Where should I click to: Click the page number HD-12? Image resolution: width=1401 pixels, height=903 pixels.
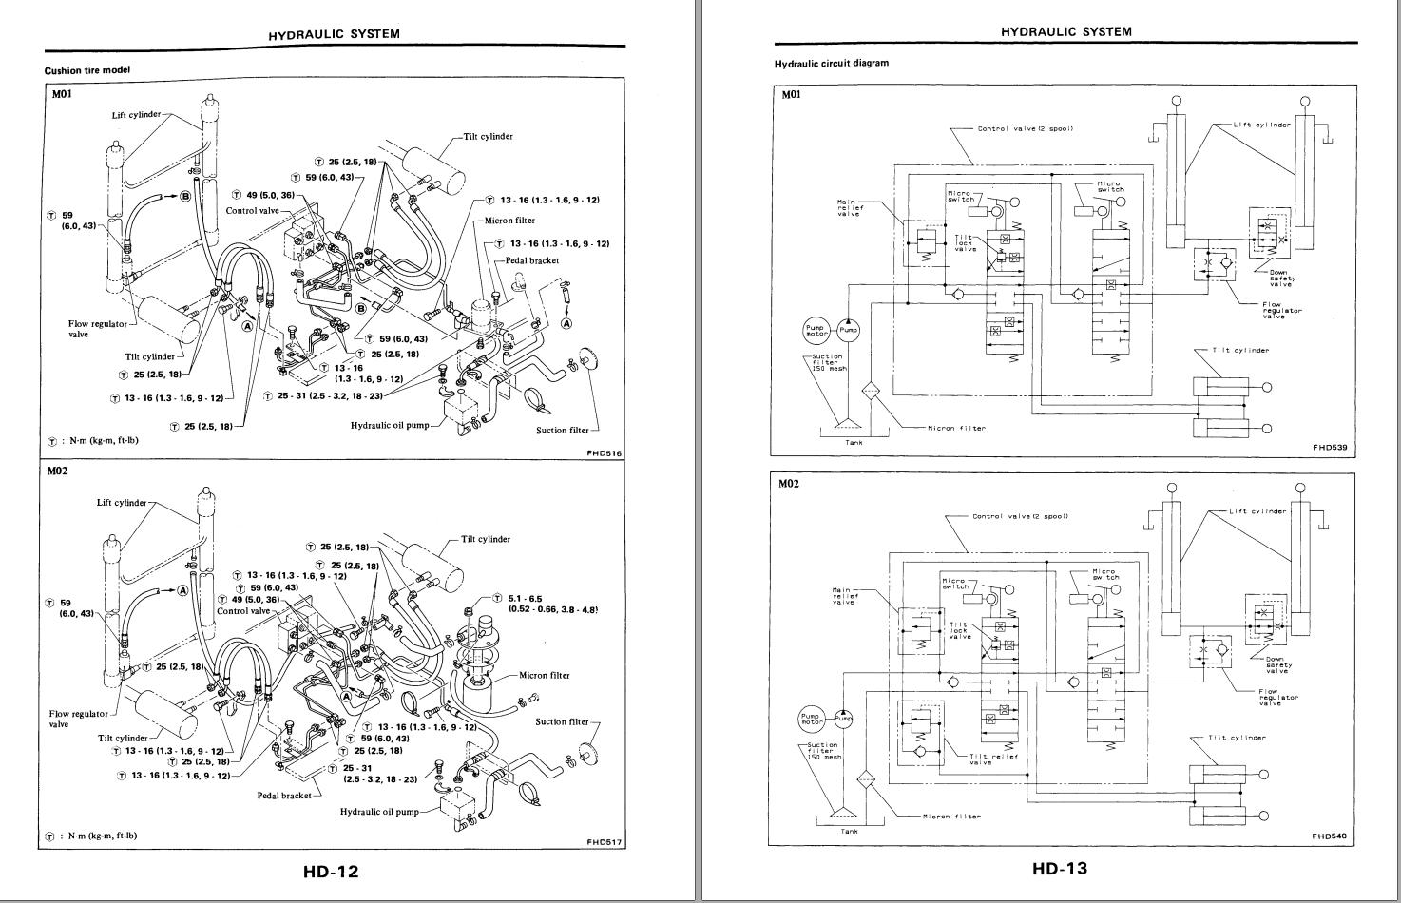(332, 871)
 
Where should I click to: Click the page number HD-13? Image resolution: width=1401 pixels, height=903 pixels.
(1059, 867)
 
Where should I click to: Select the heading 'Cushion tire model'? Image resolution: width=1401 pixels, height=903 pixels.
(87, 70)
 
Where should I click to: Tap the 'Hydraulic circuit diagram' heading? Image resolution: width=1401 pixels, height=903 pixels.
(832, 64)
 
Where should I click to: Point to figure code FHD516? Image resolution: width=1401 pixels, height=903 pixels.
(605, 453)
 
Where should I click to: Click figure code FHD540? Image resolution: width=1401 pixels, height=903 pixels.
(1329, 836)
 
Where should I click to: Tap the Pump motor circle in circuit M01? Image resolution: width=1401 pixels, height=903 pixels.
(816, 331)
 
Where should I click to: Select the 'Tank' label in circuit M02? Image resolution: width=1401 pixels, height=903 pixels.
(849, 832)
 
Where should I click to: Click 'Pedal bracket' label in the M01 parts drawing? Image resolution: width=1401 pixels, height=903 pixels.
(532, 260)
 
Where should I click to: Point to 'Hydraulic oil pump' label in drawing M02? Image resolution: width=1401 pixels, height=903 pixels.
(379, 812)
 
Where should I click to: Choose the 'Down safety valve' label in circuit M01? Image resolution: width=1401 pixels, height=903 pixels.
(1282, 278)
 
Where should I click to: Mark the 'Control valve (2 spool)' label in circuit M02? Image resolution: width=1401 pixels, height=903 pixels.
(1020, 516)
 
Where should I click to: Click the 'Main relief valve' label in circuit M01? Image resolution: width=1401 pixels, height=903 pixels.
(848, 207)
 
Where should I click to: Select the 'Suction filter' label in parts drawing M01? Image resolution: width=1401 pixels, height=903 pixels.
(563, 430)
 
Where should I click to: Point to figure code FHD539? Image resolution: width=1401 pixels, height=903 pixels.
(1329, 447)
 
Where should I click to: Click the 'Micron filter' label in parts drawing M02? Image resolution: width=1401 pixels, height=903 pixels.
(545, 676)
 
